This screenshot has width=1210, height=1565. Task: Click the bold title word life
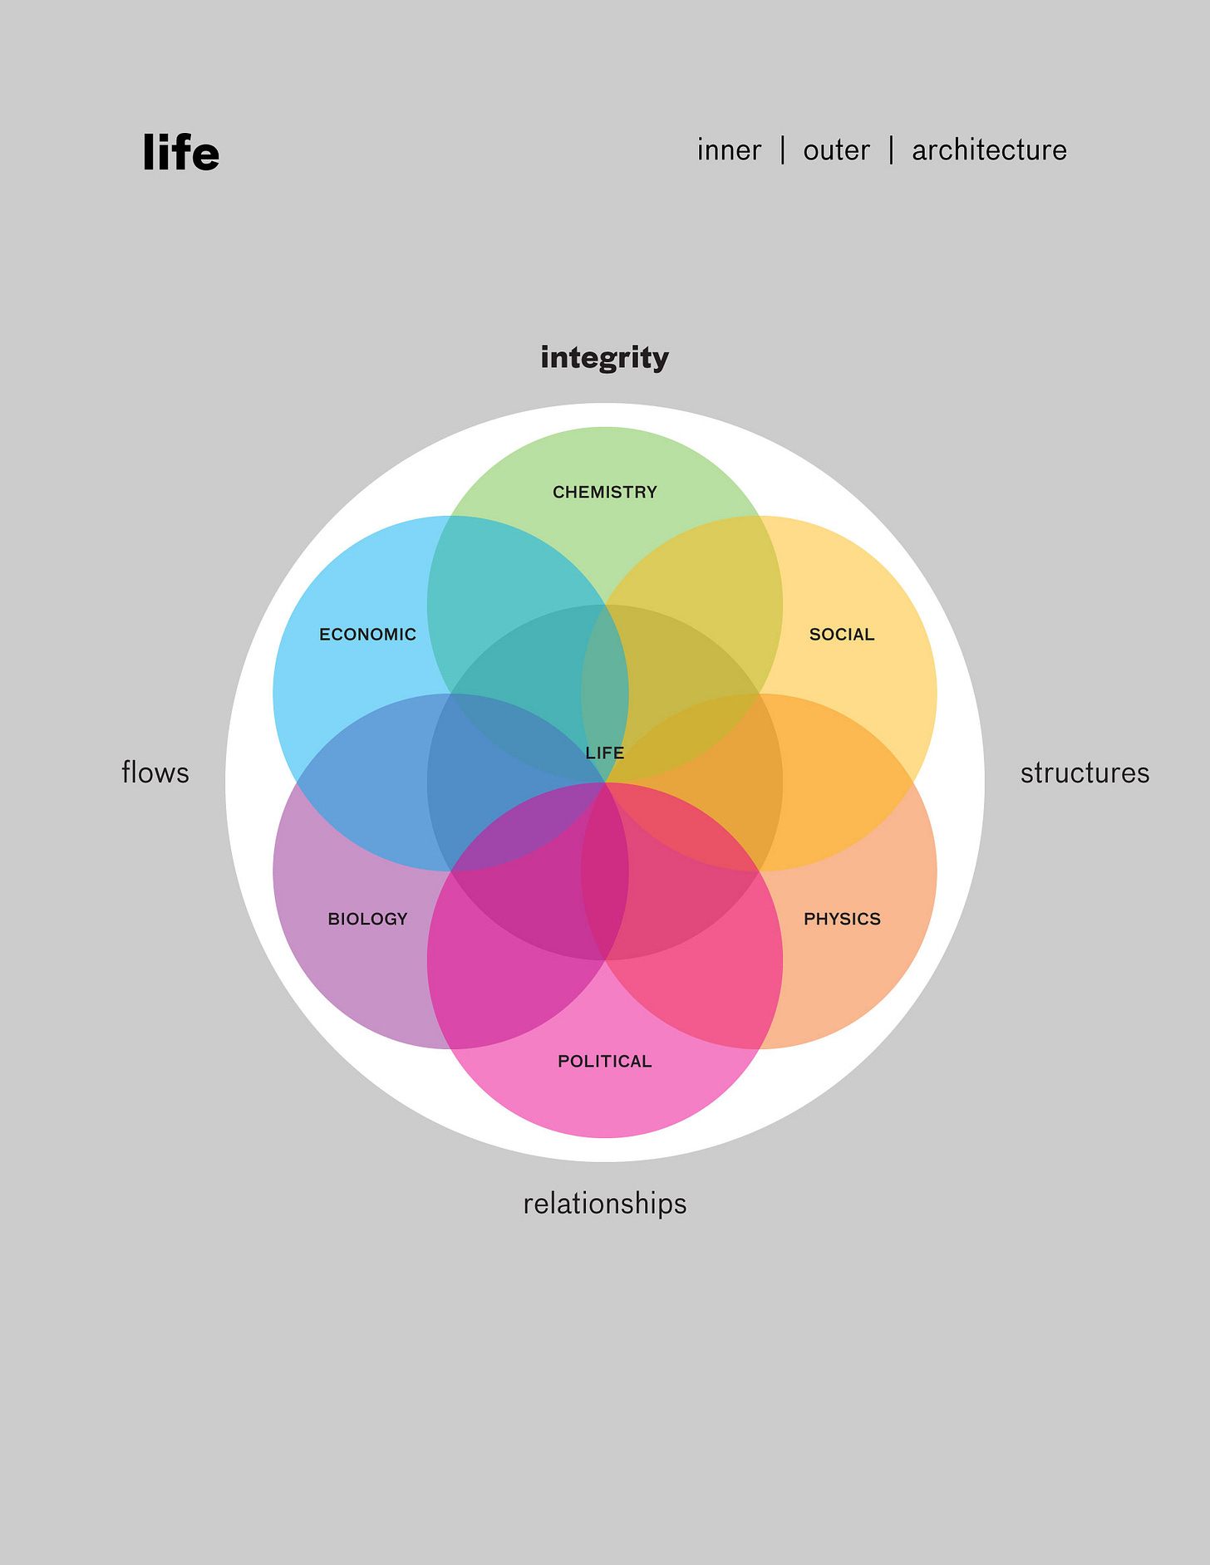(180, 153)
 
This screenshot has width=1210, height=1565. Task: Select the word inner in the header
(729, 150)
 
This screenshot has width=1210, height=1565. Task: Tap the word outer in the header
(836, 150)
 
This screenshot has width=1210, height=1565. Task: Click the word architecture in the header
(989, 150)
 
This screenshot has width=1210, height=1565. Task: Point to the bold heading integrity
(604, 358)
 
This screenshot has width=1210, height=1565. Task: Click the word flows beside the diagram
(155, 773)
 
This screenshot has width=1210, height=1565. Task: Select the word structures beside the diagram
(1085, 773)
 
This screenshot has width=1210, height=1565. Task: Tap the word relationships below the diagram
(604, 1204)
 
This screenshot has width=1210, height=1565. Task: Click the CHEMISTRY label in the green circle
(604, 493)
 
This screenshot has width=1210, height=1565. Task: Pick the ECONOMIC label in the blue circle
(367, 635)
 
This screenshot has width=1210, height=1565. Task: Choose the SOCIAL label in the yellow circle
(842, 635)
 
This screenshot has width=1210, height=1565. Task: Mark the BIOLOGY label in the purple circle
(367, 919)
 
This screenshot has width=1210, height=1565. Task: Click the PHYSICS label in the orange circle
(842, 919)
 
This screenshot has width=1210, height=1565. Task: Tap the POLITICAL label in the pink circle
(604, 1062)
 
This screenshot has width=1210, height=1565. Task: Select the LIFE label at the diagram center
(604, 753)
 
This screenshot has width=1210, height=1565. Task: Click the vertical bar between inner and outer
(783, 150)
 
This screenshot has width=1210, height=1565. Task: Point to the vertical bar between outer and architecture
(891, 150)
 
